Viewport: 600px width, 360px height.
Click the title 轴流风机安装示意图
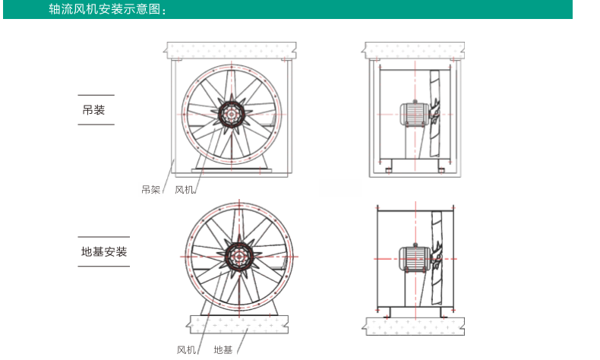point(105,9)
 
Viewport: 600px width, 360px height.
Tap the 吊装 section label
point(93,110)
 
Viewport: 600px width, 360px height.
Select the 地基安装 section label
point(104,251)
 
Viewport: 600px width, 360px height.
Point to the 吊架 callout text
point(151,190)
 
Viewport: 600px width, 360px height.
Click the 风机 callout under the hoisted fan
point(184,190)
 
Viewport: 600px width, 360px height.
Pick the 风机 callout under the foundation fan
point(186,349)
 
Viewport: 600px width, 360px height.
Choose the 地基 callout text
point(223,349)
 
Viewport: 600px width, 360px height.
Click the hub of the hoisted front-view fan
point(232,114)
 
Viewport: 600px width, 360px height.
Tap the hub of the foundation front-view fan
point(239,256)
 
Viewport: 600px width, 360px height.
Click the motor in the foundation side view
point(412,258)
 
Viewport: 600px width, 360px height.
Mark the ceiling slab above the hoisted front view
point(232,50)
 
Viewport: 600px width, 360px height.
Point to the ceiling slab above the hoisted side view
point(414,50)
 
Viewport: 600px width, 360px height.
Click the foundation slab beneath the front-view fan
point(238,324)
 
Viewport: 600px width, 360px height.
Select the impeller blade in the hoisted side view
point(434,113)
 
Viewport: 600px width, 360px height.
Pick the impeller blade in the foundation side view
point(437,257)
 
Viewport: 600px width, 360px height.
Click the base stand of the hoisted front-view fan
point(232,165)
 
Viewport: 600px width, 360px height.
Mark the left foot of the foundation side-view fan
point(387,312)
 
